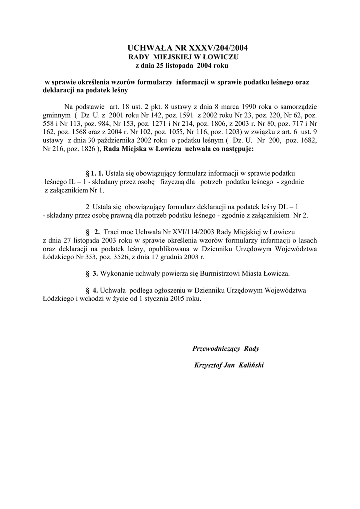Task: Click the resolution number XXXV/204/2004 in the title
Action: point(215,48)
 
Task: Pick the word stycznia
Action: point(152,300)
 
